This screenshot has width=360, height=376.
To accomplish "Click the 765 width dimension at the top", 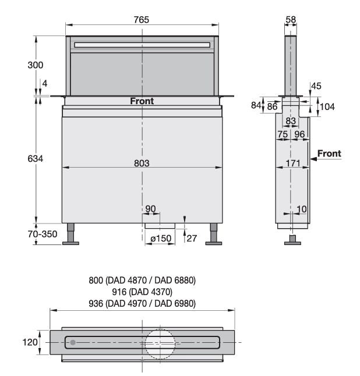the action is (x=142, y=20).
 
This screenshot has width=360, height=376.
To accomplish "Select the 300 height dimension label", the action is (x=36, y=65).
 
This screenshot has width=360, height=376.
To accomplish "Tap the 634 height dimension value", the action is (x=36, y=158).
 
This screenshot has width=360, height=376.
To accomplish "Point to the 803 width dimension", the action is (x=142, y=164).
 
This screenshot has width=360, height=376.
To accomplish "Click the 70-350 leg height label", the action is (x=43, y=234).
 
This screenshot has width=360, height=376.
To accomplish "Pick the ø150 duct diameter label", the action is (x=161, y=239).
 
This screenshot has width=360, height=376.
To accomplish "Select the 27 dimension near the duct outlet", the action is (x=192, y=239).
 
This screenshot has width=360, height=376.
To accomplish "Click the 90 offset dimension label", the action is (x=150, y=209).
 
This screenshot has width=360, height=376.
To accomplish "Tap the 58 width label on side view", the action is (x=291, y=19).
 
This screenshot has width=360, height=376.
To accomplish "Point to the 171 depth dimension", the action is (x=293, y=164).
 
